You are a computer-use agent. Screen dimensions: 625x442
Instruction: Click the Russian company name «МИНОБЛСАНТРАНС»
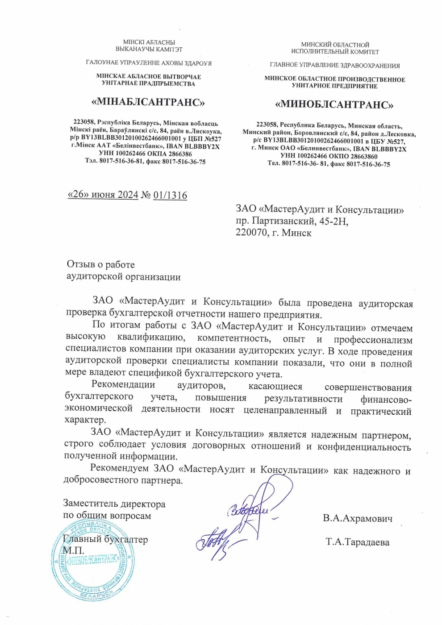(x=334, y=105)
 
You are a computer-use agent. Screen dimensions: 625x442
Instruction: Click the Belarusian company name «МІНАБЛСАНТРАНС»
(x=148, y=102)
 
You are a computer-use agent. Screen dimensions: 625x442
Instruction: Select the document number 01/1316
(x=170, y=195)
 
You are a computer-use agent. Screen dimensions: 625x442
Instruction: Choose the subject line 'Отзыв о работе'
(x=100, y=265)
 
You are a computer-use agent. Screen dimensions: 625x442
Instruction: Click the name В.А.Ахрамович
(x=358, y=518)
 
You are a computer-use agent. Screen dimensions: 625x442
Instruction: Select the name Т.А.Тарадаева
(x=357, y=542)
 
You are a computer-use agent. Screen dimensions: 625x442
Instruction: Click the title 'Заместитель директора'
(x=114, y=504)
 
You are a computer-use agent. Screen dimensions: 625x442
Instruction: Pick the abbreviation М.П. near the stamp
(x=73, y=550)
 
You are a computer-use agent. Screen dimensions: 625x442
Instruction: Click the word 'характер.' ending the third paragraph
(x=86, y=420)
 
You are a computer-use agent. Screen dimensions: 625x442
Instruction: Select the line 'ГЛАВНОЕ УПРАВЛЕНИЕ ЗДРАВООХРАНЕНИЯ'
(x=334, y=66)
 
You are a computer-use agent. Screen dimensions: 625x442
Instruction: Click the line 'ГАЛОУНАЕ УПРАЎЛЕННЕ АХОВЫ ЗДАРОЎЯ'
(x=149, y=63)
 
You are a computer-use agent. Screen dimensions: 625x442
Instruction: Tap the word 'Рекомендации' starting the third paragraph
(x=123, y=384)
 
